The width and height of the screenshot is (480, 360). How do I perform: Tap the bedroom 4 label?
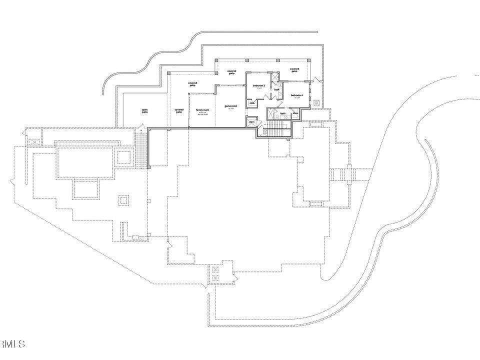[x=297, y=95]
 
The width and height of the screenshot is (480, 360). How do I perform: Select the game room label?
[x=230, y=106]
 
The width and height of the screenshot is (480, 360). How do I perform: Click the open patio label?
[x=144, y=111]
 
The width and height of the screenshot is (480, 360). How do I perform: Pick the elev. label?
[x=251, y=122]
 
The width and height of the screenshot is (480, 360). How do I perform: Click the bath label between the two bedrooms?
[x=276, y=90]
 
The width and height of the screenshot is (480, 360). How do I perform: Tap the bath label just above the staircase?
[x=282, y=113]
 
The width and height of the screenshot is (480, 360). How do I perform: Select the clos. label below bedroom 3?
[x=252, y=103]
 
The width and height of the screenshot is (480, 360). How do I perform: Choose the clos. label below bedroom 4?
[x=295, y=113]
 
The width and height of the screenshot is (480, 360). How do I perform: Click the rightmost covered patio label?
[x=294, y=70]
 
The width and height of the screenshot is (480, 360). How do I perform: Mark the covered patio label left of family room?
[x=179, y=111]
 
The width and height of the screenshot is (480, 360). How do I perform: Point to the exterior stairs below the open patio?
[x=141, y=149]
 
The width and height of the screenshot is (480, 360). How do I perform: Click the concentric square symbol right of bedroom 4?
[x=316, y=102]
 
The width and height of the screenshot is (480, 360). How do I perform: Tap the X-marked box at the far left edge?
[x=34, y=142]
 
